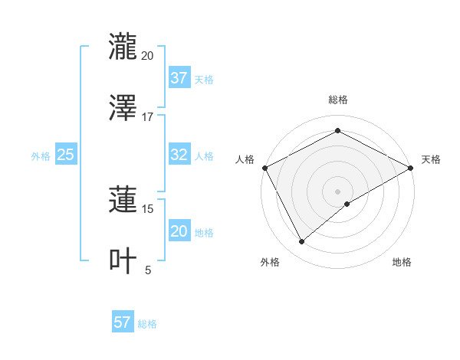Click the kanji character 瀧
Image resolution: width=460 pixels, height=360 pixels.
pyautogui.click(x=123, y=47)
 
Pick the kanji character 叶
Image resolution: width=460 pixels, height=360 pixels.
pyautogui.click(x=123, y=261)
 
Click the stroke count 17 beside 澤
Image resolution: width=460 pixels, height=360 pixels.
pyautogui.click(x=148, y=117)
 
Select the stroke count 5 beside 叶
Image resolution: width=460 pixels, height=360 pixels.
pyautogui.click(x=148, y=270)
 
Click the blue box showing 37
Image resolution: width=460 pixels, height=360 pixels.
pyautogui.click(x=179, y=78)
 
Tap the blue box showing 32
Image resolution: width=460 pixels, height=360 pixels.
pyautogui.click(x=179, y=155)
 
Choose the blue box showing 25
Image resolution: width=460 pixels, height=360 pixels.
pyautogui.click(x=65, y=155)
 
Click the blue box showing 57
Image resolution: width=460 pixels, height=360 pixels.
pyautogui.click(x=122, y=322)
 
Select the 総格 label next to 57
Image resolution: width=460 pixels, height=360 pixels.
pyautogui.click(x=147, y=324)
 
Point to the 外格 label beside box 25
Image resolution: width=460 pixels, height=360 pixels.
pyautogui.click(x=41, y=155)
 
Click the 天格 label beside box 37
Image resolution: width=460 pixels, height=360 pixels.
pyautogui.click(x=204, y=79)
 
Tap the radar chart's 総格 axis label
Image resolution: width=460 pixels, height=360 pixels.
pyautogui.click(x=338, y=100)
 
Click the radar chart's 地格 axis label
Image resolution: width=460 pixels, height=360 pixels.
pyautogui.click(x=402, y=262)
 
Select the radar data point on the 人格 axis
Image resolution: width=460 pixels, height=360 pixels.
pyautogui.click(x=264, y=168)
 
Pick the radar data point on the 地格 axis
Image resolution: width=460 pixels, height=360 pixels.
pyautogui.click(x=347, y=204)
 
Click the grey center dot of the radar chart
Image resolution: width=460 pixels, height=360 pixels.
pyautogui.click(x=338, y=191)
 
